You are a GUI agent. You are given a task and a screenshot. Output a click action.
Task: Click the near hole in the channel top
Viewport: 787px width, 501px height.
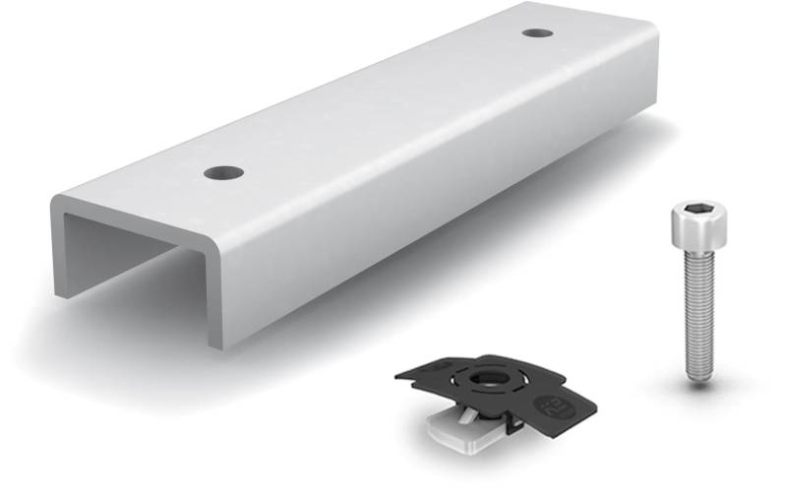[x=224, y=173]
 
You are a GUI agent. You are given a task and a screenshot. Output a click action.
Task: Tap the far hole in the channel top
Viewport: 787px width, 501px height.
[x=537, y=32]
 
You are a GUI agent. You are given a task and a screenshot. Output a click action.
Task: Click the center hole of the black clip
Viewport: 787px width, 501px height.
[x=485, y=377]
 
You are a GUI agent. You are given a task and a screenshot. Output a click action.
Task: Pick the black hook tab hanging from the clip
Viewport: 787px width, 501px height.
[x=511, y=424]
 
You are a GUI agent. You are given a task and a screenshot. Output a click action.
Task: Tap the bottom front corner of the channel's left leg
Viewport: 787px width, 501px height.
[x=61, y=295]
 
